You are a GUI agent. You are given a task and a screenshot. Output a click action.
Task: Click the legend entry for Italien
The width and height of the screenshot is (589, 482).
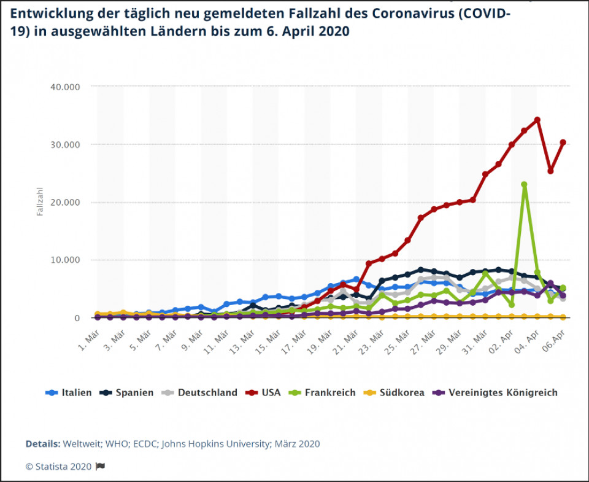69,393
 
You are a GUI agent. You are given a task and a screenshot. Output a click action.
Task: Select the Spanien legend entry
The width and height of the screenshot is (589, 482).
127,393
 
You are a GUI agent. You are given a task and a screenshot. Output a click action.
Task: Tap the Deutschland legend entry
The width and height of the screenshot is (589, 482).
200,393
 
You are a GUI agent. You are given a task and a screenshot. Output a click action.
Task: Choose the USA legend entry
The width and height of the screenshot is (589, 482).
264,393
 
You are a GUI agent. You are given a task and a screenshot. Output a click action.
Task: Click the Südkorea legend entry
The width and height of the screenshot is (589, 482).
395,393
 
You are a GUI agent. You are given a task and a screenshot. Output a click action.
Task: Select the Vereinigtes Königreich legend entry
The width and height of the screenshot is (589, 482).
496,393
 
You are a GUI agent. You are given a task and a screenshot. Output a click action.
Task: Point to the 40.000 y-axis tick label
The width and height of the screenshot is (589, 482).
64,87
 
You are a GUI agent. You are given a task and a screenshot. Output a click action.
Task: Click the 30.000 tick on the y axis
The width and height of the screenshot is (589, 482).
64,144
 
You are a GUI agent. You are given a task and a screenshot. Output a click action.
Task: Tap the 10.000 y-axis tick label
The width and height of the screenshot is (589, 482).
64,260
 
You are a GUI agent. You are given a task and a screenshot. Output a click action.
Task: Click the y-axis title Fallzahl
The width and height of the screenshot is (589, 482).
39,202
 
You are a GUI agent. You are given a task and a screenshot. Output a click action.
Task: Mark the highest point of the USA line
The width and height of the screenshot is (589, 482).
537,120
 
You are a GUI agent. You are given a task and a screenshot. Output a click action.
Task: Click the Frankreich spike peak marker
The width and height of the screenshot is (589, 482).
524,184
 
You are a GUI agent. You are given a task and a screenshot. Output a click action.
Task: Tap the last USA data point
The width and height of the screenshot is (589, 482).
563,142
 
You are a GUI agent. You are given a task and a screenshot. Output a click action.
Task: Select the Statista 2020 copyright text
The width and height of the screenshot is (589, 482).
59,466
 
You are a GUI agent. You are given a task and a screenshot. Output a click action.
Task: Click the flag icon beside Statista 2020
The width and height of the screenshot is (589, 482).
101,466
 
